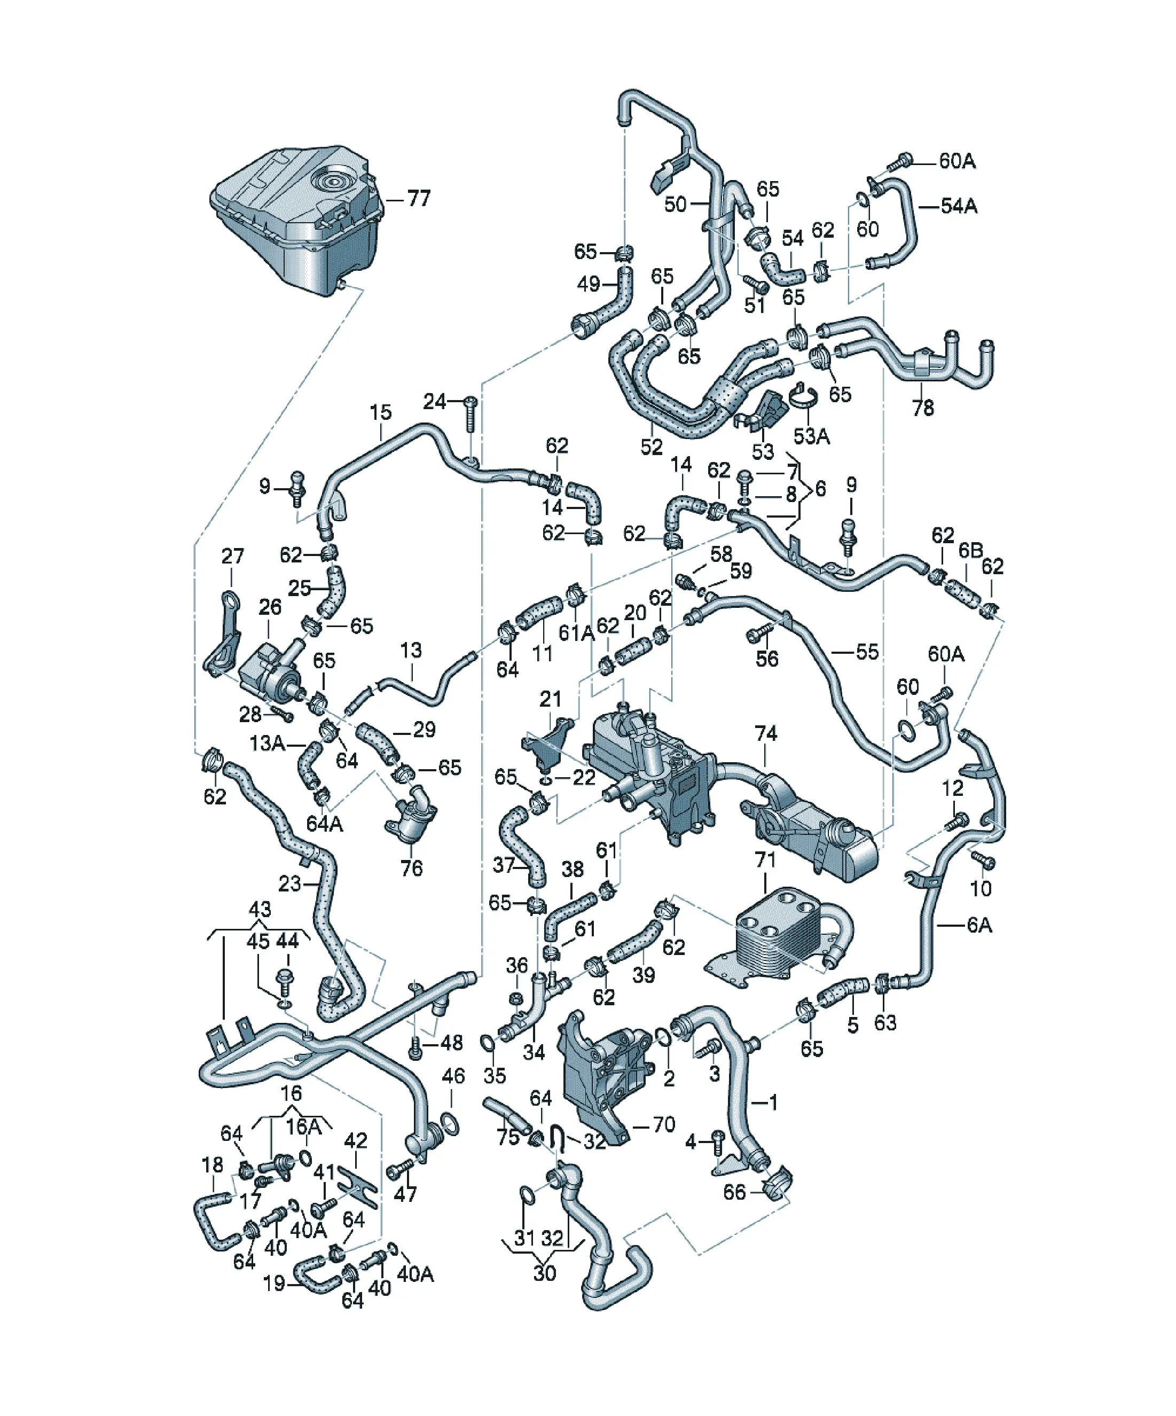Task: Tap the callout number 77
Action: (418, 199)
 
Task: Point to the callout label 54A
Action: (959, 206)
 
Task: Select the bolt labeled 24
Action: (471, 414)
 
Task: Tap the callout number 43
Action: (260, 909)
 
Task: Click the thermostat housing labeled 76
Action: (411, 815)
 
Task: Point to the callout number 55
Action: (867, 652)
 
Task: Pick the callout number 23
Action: (289, 883)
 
